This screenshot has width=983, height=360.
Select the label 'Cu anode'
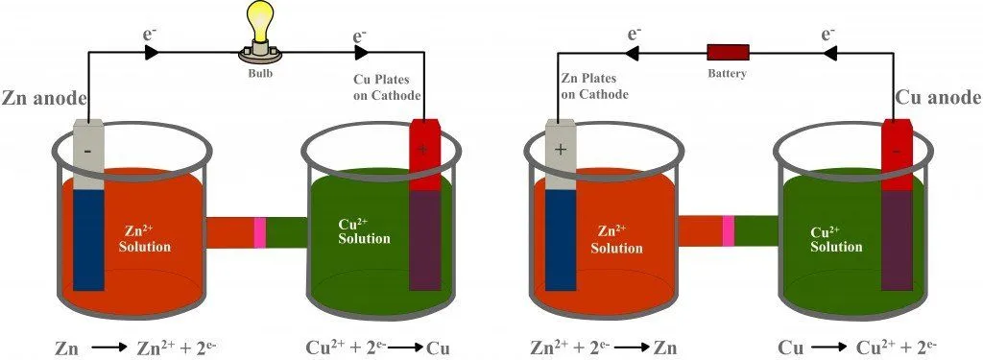(x=937, y=98)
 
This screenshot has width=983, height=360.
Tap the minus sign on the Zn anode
(x=88, y=151)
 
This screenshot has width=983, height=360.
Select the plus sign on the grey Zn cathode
(x=560, y=151)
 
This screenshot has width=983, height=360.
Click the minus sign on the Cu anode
(x=895, y=151)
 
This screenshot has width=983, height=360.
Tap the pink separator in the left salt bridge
(x=259, y=231)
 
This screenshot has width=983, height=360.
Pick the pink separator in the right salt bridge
(x=728, y=231)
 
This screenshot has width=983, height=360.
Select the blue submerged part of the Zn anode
(x=88, y=239)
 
